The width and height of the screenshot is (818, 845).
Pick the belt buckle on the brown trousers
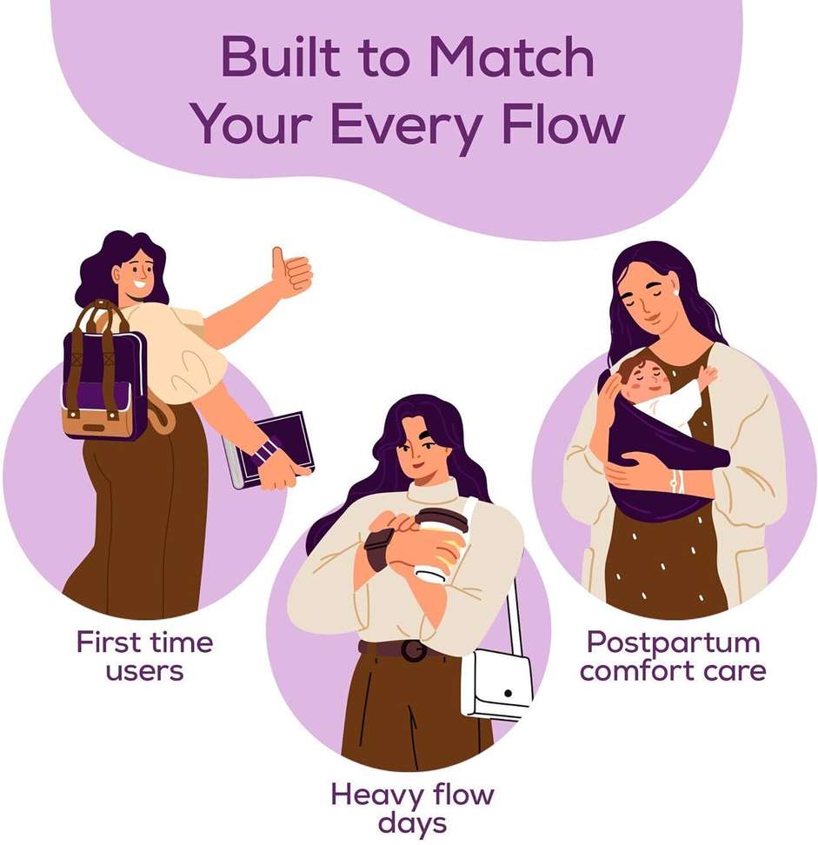tap(413, 650)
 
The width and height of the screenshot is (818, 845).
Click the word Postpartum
tap(673, 643)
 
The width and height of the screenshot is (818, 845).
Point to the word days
tap(412, 824)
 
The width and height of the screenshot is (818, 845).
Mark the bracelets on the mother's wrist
tap(675, 481)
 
